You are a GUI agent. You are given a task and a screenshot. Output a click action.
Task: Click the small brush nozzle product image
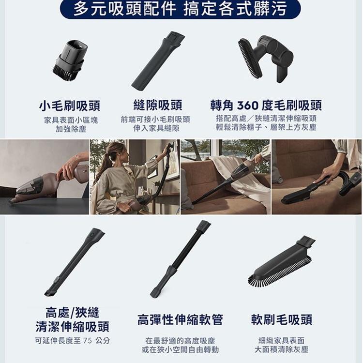(x=69, y=60)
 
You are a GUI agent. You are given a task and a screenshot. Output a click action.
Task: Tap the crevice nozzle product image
(x=158, y=60)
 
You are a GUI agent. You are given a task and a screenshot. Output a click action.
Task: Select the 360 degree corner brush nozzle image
(x=266, y=59)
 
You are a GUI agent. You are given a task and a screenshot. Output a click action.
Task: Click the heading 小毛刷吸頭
(x=69, y=106)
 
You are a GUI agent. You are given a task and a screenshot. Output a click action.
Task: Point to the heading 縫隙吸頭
(x=158, y=105)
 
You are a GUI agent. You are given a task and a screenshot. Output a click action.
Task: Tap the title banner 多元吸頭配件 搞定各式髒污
(x=180, y=9)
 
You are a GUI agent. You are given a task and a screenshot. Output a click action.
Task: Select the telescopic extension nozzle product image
(x=75, y=262)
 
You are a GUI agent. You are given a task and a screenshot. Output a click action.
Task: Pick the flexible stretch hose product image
(x=181, y=259)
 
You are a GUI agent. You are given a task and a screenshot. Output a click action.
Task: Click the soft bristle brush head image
(x=282, y=263)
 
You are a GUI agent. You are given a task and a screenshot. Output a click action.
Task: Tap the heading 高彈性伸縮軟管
(x=180, y=320)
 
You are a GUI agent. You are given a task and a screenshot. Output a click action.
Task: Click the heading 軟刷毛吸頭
(x=282, y=320)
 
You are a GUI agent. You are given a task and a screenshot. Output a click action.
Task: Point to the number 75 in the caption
(x=88, y=341)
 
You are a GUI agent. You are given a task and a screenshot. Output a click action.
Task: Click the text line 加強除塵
(x=71, y=129)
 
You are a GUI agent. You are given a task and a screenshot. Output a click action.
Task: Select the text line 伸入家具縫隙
(x=156, y=128)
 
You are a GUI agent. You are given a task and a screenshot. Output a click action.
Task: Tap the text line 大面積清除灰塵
(x=282, y=349)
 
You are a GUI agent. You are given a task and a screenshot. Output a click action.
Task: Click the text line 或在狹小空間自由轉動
(x=181, y=349)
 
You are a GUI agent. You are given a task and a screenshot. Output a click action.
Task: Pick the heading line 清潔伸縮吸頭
(x=72, y=327)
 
